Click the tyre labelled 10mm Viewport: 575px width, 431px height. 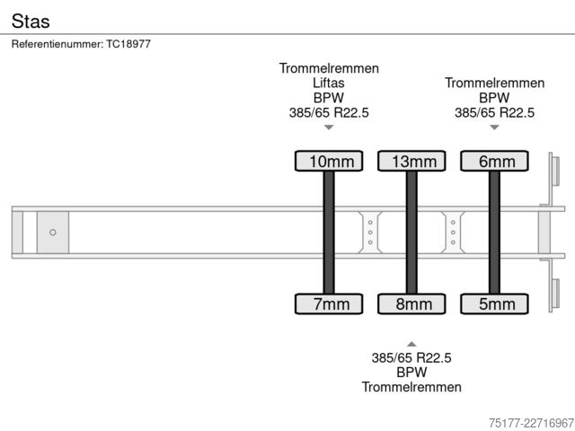coord(329,161)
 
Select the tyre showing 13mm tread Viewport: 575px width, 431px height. coord(411,161)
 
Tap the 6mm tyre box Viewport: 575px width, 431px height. coord(494,161)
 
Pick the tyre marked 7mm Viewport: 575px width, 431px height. coord(329,303)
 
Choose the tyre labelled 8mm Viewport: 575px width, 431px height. coord(411,303)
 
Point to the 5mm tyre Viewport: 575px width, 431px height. coord(494,303)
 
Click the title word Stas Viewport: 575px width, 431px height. coord(31,21)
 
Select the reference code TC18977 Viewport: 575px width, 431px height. coord(128,44)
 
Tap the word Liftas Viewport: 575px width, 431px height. coord(329,83)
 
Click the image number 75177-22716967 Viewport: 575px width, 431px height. coord(531,423)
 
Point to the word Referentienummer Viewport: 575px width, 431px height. coord(57,44)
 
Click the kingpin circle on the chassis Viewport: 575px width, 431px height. coord(53,233)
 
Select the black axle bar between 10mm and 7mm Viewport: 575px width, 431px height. coord(329,233)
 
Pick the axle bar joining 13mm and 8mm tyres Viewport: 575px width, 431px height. coord(411,233)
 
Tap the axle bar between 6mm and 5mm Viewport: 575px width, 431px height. coord(494,233)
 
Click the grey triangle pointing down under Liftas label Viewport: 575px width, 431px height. coord(329,128)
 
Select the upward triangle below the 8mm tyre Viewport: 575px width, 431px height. coord(411,344)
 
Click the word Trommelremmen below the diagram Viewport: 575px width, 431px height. coord(411,387)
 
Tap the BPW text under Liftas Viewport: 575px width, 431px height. coord(329,98)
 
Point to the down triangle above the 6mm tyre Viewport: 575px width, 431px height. coord(494,128)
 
